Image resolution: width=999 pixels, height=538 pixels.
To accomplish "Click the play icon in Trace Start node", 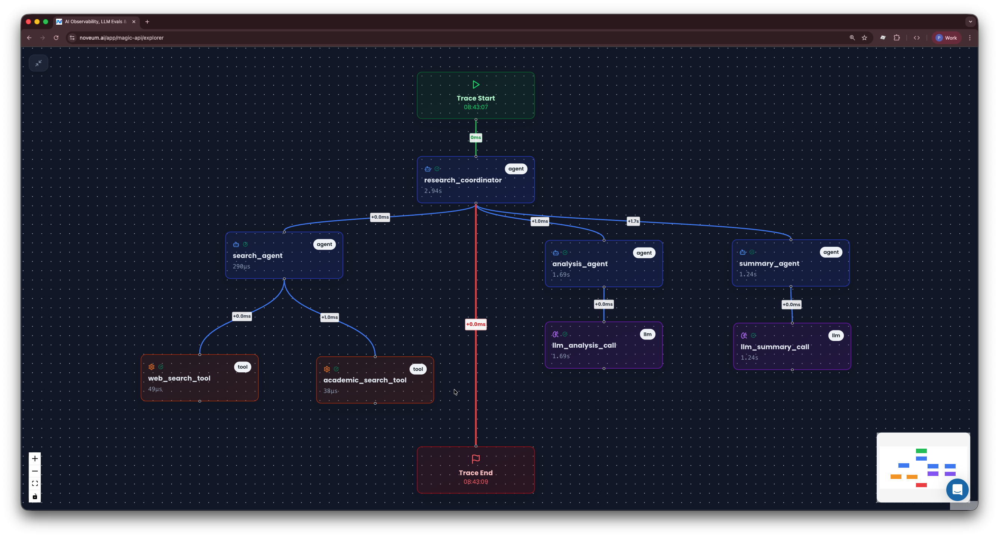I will (x=476, y=84).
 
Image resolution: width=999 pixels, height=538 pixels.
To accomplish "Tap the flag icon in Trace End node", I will (x=476, y=459).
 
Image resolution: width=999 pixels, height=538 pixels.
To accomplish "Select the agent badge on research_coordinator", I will (x=516, y=169).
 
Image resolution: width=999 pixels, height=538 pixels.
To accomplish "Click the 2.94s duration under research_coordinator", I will (x=433, y=191).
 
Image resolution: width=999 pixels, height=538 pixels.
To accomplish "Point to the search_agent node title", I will (x=258, y=256).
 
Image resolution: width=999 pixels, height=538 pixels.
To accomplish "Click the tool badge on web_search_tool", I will (x=242, y=367).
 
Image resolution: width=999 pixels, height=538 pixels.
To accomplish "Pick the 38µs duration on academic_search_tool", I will (x=331, y=391).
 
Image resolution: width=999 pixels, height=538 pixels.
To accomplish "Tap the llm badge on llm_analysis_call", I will (x=647, y=334).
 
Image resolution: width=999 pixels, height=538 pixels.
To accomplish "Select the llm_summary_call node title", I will (x=774, y=347).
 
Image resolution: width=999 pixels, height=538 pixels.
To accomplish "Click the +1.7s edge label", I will (x=633, y=221).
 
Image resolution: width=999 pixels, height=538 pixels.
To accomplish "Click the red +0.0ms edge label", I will (x=476, y=324).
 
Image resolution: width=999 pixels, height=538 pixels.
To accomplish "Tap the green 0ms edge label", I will (x=476, y=137).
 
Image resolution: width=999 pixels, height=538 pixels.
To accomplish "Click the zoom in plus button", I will (x=35, y=458).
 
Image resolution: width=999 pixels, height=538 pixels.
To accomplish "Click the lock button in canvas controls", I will (x=35, y=497).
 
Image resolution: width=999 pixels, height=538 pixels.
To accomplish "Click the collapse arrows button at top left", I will (x=39, y=63).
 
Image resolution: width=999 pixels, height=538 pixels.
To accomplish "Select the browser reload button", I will (x=56, y=38).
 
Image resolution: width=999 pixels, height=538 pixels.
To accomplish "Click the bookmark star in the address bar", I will (x=864, y=38).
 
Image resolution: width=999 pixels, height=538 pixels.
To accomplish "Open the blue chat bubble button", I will (x=957, y=489).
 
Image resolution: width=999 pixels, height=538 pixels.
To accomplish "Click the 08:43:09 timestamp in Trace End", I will (x=476, y=482).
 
